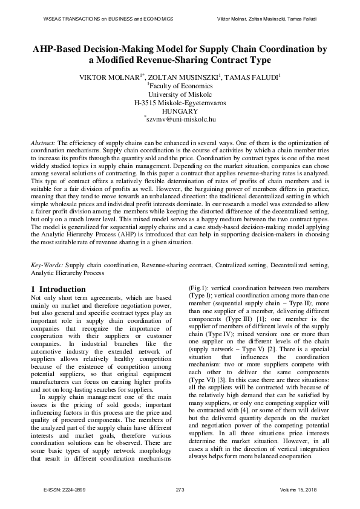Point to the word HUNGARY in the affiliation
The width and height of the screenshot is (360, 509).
pyautogui.click(x=180, y=111)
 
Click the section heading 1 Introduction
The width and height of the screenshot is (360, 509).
pyautogui.click(x=58, y=290)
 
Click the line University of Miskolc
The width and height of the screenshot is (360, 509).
pyautogui.click(x=180, y=94)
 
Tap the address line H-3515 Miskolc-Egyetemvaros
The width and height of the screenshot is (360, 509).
pyautogui.click(x=180, y=103)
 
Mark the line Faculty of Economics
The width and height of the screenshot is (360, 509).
pyautogui.click(x=181, y=86)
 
